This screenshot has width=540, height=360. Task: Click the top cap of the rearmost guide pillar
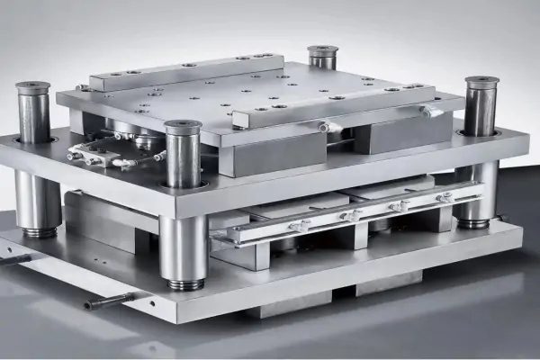(322, 50)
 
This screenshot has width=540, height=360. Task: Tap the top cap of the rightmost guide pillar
(481, 82)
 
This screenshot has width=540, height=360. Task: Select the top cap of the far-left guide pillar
(33, 87)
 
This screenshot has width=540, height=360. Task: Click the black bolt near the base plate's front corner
(109, 301)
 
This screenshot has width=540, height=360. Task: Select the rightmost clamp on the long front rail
(445, 196)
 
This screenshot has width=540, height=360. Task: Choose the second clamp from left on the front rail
(349, 216)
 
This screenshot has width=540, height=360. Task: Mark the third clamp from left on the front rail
(399, 206)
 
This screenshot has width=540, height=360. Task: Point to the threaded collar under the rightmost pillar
(473, 221)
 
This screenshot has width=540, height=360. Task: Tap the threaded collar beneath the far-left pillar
(38, 232)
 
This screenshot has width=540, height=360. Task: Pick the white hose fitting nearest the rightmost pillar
(430, 112)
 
